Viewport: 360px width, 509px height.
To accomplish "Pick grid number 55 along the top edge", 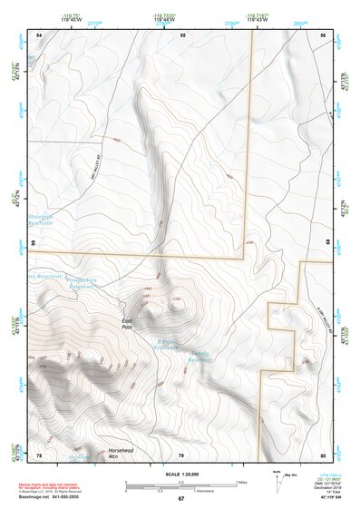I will (x=181, y=34).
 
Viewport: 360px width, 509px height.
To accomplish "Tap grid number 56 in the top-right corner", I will (x=323, y=34).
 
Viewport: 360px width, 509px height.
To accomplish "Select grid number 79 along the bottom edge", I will (x=180, y=455).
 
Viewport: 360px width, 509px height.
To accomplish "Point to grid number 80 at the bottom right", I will (x=323, y=455).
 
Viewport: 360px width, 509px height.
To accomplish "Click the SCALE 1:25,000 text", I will (x=180, y=475).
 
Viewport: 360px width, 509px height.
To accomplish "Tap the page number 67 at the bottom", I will (x=180, y=499).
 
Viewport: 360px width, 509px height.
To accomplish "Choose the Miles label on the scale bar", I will (x=239, y=482).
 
